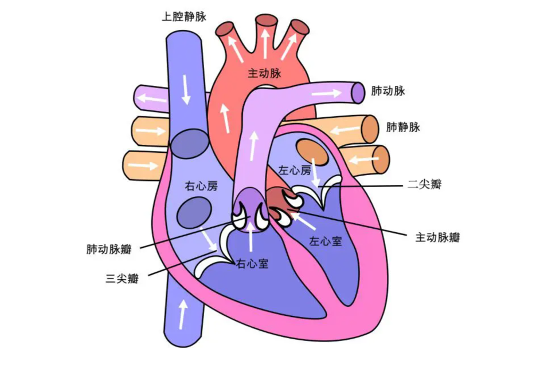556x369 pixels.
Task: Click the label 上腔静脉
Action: click(184, 17)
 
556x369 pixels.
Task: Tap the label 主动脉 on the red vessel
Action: click(264, 73)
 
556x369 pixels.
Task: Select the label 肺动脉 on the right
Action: click(388, 91)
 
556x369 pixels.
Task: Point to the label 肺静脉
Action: click(403, 126)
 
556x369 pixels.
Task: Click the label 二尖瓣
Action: click(424, 184)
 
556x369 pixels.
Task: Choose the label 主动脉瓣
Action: click(437, 237)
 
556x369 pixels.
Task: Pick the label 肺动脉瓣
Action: click(109, 249)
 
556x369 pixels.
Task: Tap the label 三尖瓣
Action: click(122, 279)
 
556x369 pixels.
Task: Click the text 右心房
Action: click(201, 186)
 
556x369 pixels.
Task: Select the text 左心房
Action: click(295, 170)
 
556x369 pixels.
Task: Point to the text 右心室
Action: click(252, 264)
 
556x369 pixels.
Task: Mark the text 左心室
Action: click(326, 241)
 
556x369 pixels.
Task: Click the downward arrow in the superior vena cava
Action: click(186, 89)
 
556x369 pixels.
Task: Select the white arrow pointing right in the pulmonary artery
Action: click(327, 94)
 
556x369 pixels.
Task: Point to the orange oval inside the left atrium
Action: click(312, 152)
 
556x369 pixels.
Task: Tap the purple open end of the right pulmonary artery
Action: click(358, 93)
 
